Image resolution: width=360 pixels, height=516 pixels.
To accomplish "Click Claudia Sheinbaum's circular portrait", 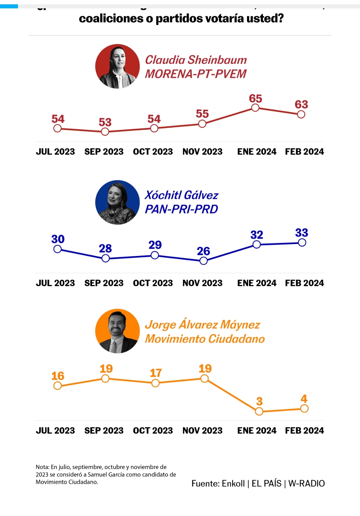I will [x=117, y=66].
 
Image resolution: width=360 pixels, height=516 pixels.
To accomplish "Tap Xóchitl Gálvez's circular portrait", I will [x=117, y=202].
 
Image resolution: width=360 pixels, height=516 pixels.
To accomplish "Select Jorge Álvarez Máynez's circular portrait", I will [x=117, y=331].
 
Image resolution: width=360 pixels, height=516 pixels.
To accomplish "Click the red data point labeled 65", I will [x=255, y=108].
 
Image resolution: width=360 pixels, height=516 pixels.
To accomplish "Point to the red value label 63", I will [x=301, y=104].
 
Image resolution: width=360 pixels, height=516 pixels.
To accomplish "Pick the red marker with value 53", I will [x=105, y=132].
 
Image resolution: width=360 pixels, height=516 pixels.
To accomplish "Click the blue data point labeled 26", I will [x=203, y=261].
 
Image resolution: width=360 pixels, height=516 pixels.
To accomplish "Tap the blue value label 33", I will [x=302, y=233].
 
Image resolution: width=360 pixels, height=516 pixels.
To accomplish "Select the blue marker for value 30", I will [x=57, y=249].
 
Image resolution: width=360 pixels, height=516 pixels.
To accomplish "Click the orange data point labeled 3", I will [x=259, y=412].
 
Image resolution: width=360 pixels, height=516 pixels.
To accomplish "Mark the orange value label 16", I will [x=58, y=376].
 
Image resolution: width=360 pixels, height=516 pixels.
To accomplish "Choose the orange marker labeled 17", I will [x=155, y=383].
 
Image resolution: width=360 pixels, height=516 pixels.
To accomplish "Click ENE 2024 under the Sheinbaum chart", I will [x=257, y=152].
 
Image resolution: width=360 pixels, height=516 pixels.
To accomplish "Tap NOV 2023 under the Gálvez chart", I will [x=202, y=283].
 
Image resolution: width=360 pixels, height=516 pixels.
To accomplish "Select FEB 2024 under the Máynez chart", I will [x=304, y=431].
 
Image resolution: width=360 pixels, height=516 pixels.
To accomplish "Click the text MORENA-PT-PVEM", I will [x=196, y=74].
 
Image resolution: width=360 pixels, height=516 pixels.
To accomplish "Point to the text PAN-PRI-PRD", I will [x=181, y=209].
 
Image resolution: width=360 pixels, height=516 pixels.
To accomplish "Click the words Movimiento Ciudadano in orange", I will [x=205, y=339].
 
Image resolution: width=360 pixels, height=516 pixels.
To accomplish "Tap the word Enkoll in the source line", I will [x=233, y=484].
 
